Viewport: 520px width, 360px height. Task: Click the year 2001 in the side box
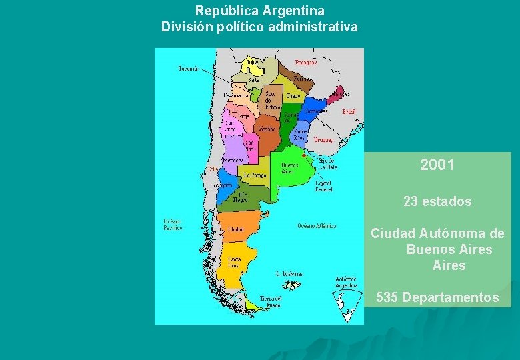point(437,165)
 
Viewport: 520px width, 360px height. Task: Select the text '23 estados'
point(437,201)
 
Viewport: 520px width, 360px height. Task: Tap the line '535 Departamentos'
point(437,297)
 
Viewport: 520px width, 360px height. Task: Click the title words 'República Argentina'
point(260,11)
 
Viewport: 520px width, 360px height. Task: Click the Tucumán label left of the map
point(189,68)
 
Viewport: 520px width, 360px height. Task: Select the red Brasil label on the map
point(349,112)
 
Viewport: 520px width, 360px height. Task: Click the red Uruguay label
point(324,140)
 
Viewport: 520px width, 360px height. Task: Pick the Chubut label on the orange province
point(235,229)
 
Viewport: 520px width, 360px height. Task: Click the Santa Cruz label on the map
point(235,261)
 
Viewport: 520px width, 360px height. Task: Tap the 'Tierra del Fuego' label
point(269,301)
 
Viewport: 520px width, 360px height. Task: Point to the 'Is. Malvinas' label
point(289,273)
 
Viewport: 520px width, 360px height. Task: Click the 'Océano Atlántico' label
point(316,226)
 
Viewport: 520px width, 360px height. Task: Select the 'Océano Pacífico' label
point(173,225)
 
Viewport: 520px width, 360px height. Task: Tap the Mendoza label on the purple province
point(233,161)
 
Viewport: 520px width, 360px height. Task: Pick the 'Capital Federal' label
point(323,186)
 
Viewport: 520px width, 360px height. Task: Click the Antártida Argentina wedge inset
point(344,304)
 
